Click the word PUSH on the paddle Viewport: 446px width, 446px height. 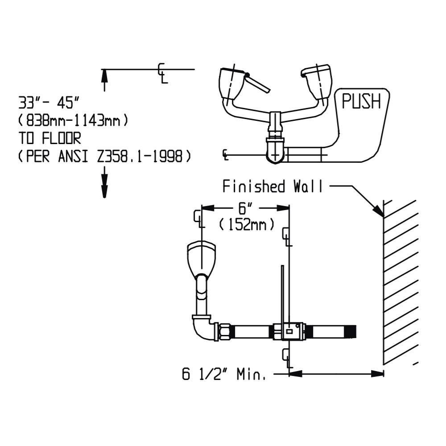361,101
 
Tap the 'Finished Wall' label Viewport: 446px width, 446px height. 272,186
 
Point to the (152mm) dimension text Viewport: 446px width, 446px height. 247,224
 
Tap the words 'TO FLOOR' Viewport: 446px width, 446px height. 50,139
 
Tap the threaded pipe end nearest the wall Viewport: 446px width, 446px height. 334,331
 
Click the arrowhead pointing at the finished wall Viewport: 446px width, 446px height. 379,211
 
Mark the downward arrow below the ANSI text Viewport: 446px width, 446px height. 104,182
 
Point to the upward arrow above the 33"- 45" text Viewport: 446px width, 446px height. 104,80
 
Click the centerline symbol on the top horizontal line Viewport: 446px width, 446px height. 163,74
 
